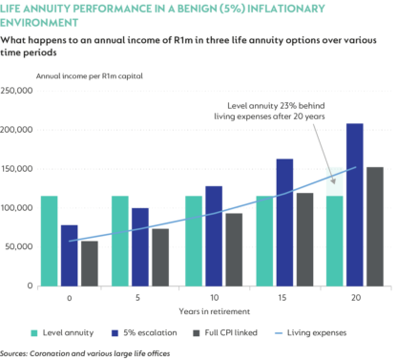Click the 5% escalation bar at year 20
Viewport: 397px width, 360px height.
coord(327,204)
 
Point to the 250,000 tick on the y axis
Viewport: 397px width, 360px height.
coord(19,91)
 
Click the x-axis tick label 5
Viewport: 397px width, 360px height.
coord(138,298)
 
